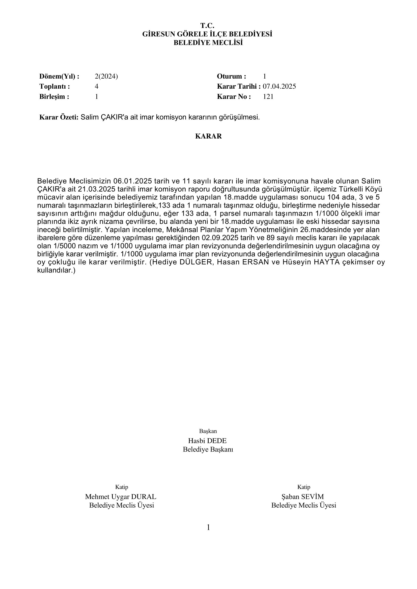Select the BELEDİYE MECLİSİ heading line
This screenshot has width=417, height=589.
pyautogui.click(x=208, y=43)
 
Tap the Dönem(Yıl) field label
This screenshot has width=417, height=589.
pyautogui.click(x=59, y=76)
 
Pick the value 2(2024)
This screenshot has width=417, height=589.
pyautogui.click(x=106, y=76)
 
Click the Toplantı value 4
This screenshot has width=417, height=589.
pyautogui.click(x=97, y=86)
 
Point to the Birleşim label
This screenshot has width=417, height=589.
pyautogui.click(x=54, y=97)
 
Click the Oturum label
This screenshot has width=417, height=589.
pyautogui.click(x=232, y=76)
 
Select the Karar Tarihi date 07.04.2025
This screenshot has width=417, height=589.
pyautogui.click(x=279, y=86)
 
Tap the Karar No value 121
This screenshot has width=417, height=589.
pyautogui.click(x=268, y=97)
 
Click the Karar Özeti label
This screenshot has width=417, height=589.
pyautogui.click(x=59, y=118)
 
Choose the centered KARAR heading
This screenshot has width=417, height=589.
pyautogui.click(x=208, y=136)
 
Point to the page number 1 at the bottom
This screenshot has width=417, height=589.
pyautogui.click(x=208, y=528)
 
